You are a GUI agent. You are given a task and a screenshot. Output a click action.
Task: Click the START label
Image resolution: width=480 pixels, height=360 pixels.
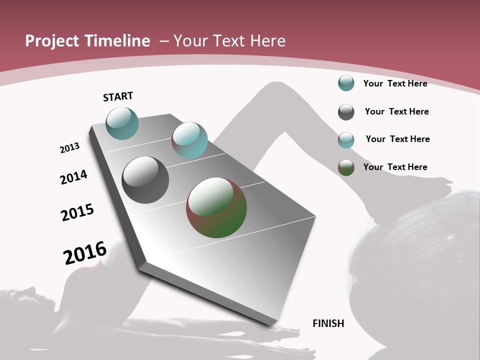coord(118,96)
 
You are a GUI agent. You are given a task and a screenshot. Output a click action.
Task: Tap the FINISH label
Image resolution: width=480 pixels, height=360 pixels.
coord(328,323)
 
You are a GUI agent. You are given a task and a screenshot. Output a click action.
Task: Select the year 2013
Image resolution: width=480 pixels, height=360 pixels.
coord(69,148)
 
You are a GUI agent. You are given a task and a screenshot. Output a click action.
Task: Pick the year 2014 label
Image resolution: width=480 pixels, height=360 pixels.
coord(73,177)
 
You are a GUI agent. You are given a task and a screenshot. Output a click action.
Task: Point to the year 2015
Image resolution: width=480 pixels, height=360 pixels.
coord(77,212)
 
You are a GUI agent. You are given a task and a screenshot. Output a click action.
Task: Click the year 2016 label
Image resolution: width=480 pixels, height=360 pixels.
coord(85,252)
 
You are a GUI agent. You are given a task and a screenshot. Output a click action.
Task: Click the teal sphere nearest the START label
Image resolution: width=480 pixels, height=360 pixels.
coord(122,123)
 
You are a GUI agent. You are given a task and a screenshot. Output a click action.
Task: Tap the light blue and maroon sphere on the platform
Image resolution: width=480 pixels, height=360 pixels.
coord(189,140)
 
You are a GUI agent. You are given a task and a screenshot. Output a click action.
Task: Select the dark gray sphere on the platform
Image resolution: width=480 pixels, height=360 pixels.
coord(145,180)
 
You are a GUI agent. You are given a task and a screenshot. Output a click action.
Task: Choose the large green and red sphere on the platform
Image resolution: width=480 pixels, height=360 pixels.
coord(216,207)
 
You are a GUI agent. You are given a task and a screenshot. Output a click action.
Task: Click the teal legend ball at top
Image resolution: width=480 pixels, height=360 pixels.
coord(346,83)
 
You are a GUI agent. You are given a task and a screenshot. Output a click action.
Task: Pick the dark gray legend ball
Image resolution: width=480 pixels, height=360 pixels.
coord(346,112)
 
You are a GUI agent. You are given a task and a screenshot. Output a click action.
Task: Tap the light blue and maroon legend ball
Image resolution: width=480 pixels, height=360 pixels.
coord(346,140)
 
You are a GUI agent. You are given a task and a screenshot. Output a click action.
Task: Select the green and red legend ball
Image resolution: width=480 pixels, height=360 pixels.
coord(346,167)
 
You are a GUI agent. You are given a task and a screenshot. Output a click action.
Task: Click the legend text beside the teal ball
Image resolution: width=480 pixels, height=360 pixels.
coord(395,83)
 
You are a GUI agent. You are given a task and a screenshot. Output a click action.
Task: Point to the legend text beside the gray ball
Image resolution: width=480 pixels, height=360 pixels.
coord(396,111)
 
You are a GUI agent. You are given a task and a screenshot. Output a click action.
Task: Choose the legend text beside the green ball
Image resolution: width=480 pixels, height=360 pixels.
coord(395,167)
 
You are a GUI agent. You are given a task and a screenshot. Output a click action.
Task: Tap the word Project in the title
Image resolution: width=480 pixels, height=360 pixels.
coord(52,41)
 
